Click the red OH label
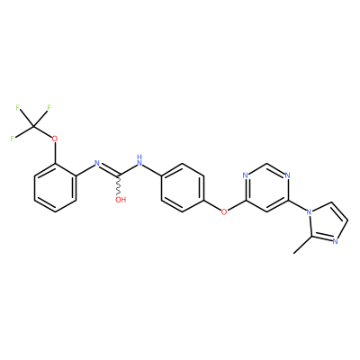(121, 200)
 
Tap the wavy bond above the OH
(119, 184)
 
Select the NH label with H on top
(139, 160)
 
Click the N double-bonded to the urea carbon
(97, 163)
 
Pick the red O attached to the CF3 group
(54, 139)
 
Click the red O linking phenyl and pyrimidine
(224, 211)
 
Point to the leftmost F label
(13, 139)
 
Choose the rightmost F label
(49, 107)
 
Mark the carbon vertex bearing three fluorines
(33, 127)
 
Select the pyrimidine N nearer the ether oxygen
(245, 175)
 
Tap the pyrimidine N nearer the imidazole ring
(287, 175)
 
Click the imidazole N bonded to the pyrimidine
(309, 211)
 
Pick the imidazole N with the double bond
(336, 240)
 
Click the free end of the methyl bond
(294, 254)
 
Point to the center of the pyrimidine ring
(266, 188)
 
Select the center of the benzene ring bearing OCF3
(55, 188)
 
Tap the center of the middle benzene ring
(183, 188)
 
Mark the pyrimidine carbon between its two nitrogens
(266, 164)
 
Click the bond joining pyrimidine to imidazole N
(297, 206)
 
